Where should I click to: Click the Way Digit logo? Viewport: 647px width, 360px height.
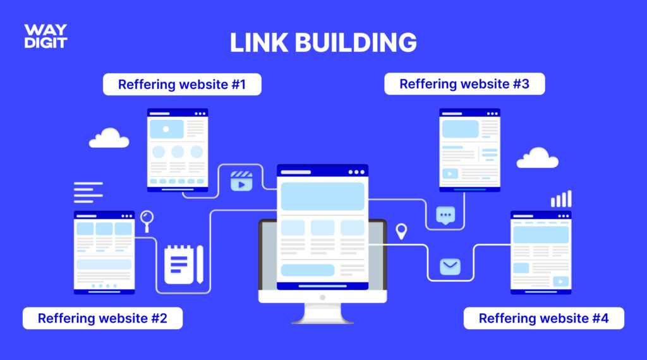45,36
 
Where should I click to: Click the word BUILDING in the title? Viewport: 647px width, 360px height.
356,42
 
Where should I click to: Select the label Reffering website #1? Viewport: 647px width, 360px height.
182,85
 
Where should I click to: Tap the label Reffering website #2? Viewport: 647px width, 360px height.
102,318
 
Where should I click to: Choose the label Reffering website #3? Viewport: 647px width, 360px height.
464,84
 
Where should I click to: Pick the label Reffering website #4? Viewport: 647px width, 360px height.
543,318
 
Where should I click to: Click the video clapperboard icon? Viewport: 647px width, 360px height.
241,181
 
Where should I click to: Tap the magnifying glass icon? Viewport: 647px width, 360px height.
147,221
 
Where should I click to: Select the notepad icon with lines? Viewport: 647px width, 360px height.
179,265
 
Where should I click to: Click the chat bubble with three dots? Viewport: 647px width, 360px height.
445,215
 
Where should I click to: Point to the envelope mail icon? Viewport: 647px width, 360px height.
450,267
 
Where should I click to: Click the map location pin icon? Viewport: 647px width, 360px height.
401,231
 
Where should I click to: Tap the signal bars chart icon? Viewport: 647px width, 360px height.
561,199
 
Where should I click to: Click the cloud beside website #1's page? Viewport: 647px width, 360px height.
109,138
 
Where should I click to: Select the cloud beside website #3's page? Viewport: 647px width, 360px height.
537,157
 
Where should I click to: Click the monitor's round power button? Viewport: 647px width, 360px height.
323,297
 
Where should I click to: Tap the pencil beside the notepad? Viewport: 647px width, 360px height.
200,265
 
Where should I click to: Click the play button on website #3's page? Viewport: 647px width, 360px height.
450,174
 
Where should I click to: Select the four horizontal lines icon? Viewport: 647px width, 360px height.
88,192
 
